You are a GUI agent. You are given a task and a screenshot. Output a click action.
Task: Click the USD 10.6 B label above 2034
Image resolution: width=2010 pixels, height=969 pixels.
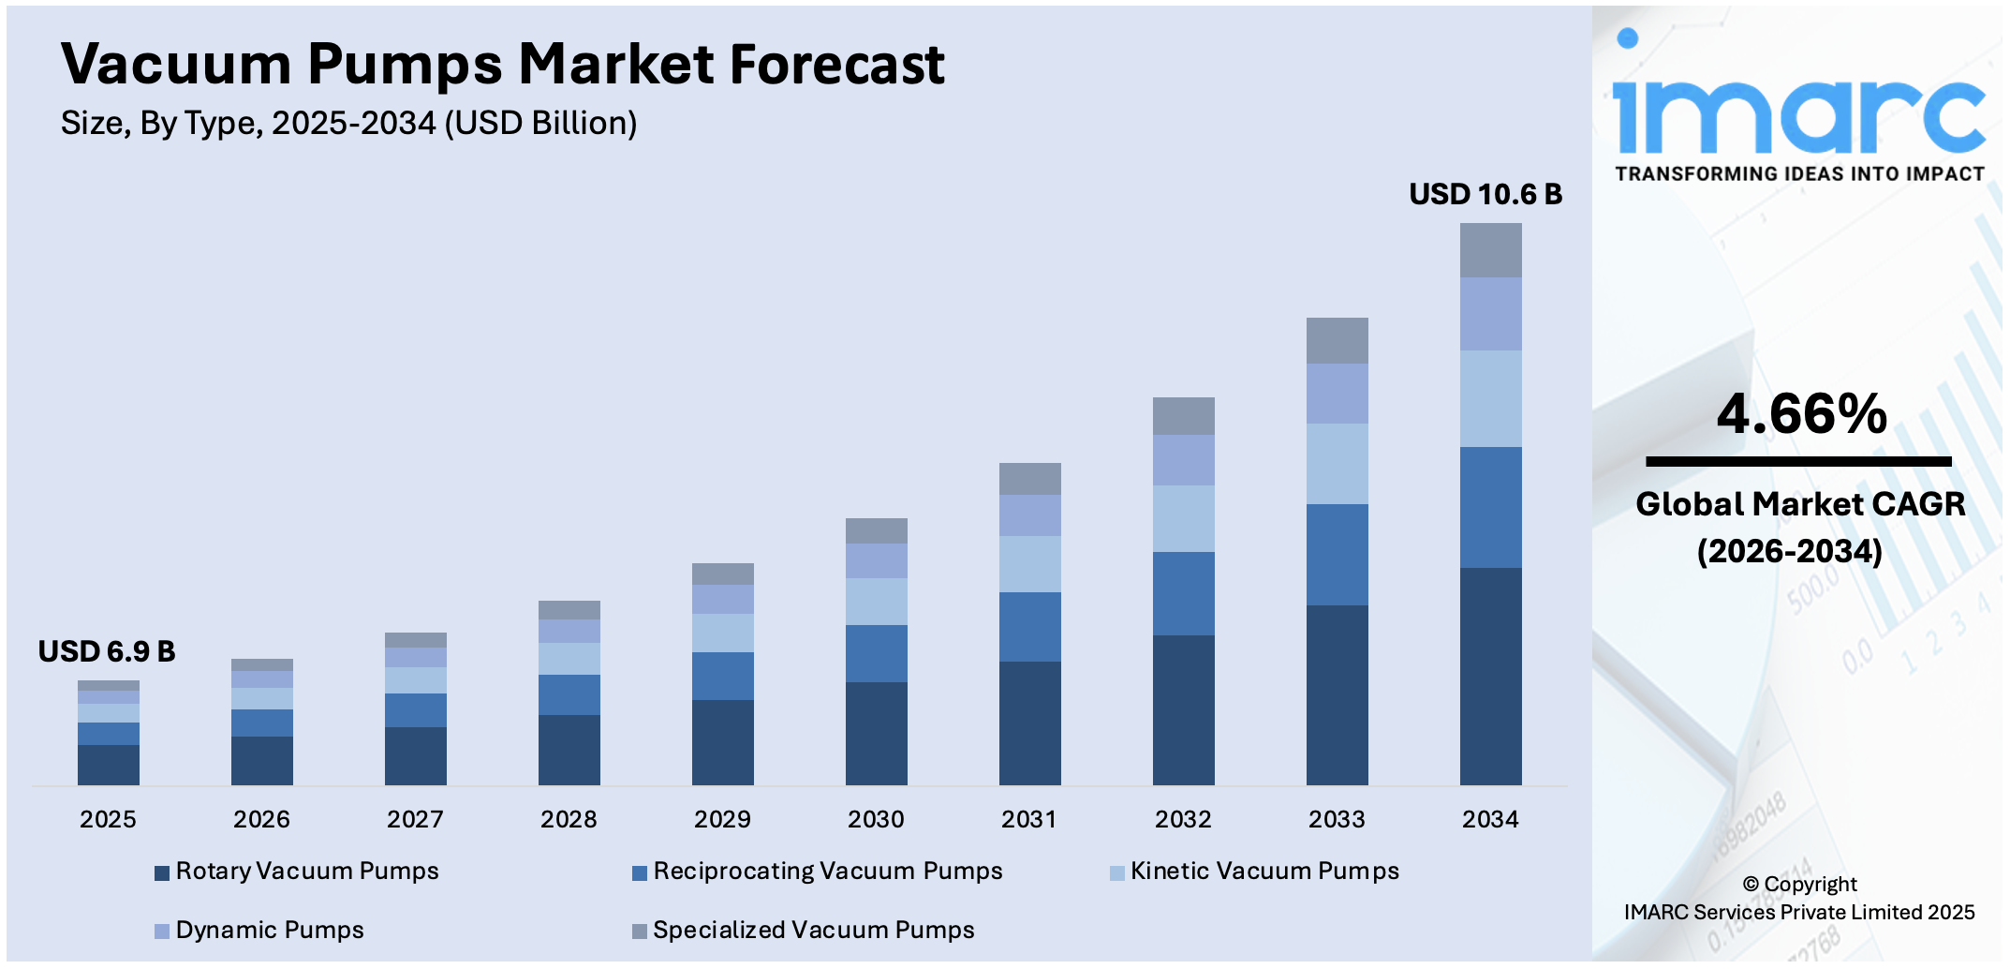tap(1485, 194)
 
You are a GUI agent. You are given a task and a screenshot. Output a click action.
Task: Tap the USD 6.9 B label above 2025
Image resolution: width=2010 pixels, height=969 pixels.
tap(106, 651)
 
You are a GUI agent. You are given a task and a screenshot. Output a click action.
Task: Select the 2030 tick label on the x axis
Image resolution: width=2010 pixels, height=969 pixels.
tap(876, 819)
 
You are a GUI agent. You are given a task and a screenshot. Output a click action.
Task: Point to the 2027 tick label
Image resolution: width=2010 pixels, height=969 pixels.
tap(415, 819)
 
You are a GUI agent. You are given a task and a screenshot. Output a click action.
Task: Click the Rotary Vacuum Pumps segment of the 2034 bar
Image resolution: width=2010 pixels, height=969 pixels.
tap(1490, 675)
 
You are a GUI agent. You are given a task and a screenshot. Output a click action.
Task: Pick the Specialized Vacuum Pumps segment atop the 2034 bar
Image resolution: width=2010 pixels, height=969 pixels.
tap(1490, 250)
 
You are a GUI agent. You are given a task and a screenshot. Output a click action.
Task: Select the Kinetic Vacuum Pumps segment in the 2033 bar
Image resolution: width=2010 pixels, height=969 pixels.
tap(1337, 464)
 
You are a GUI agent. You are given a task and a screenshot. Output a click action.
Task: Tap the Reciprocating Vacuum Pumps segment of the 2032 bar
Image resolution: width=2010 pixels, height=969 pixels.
tap(1183, 593)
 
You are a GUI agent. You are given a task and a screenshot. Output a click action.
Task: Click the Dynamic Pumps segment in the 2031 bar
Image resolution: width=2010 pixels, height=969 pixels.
tap(1029, 515)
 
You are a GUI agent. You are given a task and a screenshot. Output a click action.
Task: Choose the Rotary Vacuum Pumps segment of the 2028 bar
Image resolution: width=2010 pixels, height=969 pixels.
tap(569, 750)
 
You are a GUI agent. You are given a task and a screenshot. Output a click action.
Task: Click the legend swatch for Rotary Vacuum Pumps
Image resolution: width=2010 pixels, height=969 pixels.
tap(162, 872)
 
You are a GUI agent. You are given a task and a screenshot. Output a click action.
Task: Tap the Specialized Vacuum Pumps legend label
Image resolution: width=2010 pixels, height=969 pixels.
tap(813, 930)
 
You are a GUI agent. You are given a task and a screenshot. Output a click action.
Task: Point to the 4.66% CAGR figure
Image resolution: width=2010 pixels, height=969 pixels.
tap(1801, 414)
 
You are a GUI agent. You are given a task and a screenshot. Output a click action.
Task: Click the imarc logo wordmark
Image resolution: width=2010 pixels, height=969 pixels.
tap(1798, 114)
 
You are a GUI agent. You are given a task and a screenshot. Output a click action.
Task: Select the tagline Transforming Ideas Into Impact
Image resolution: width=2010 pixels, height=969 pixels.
tap(1799, 174)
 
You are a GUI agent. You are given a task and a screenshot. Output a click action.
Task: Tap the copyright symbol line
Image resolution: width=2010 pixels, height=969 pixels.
tap(1799, 884)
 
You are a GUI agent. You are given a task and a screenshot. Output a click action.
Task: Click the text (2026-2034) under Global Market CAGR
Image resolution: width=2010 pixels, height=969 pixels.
tap(1789, 551)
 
